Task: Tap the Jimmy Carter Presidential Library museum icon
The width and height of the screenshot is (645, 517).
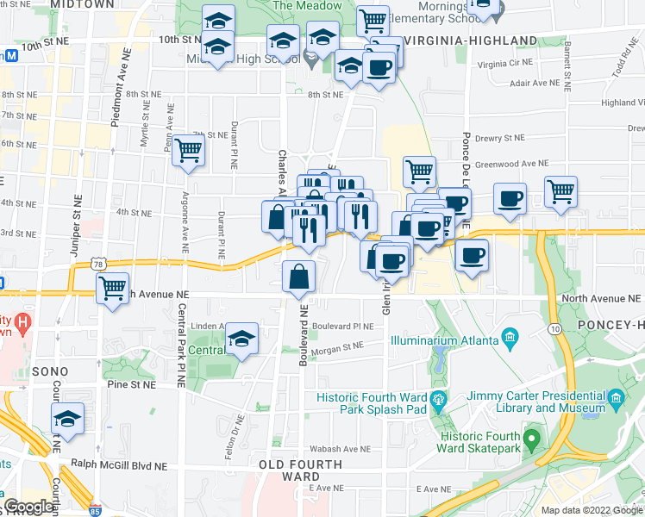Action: tap(617, 398)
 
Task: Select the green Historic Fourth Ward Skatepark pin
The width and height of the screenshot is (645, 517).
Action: tap(533, 441)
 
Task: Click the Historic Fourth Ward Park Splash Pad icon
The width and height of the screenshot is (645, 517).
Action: tap(439, 398)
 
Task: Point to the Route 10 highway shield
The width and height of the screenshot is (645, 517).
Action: tap(554, 328)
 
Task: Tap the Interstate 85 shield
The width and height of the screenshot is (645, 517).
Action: tap(95, 510)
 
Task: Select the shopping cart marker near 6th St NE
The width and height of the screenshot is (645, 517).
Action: tap(188, 151)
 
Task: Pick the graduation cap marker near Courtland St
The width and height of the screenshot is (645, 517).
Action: tap(66, 420)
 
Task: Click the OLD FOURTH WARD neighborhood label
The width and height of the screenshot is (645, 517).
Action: tap(301, 470)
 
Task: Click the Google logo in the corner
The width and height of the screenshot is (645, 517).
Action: tap(28, 508)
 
